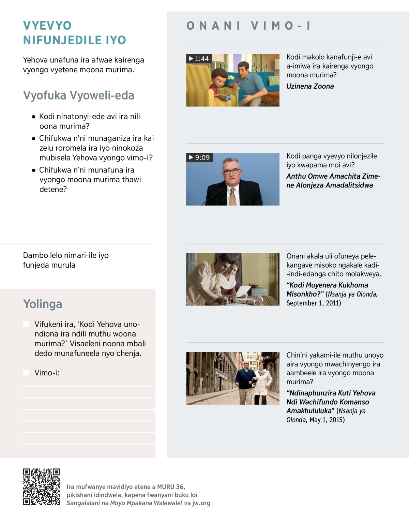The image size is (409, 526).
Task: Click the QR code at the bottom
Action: (41, 487)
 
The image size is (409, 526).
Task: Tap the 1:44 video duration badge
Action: (199, 59)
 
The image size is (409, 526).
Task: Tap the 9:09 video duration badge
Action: (199, 157)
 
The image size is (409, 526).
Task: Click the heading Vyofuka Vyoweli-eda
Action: (79, 95)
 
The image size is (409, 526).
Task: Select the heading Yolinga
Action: (43, 304)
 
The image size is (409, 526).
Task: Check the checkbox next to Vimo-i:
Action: (26, 373)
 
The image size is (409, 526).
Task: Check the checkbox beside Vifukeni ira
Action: (26, 324)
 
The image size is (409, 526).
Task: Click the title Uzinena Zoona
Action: (310, 86)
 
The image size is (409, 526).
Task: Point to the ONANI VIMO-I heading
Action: (248, 26)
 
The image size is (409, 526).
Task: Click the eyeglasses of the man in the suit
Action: (231, 171)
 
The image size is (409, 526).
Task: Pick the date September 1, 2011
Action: (314, 303)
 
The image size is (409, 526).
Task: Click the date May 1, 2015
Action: (327, 420)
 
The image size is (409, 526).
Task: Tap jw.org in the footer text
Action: (201, 503)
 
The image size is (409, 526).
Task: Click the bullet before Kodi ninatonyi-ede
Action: (33, 117)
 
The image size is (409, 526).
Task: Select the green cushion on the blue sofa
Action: (273, 81)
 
